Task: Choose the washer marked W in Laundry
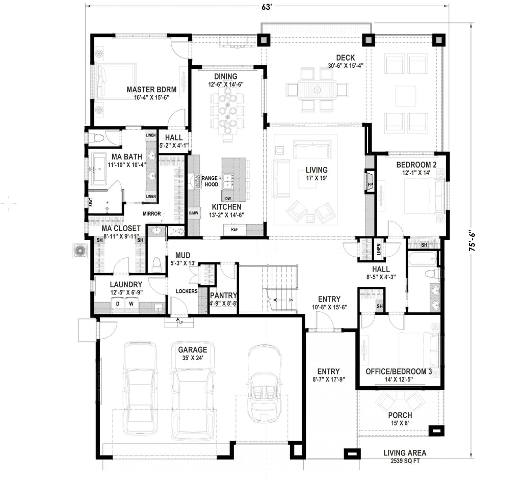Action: click(131, 304)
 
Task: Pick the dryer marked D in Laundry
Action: click(118, 304)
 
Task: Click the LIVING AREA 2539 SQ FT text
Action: click(405, 456)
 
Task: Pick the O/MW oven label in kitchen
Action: click(193, 213)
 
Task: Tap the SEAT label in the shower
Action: click(91, 202)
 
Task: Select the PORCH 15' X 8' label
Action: click(400, 419)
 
